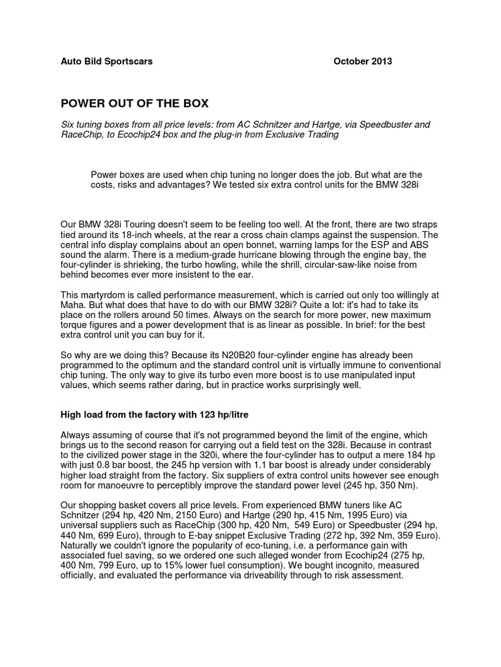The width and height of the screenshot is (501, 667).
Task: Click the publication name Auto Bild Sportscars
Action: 106,62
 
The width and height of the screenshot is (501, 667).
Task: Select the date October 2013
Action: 363,62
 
